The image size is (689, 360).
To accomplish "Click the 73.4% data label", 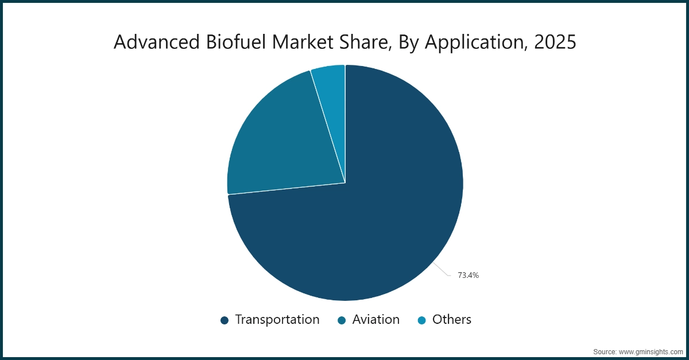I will point(468,276).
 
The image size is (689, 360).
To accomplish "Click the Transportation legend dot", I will point(224,320).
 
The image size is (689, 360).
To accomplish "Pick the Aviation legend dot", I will point(342,320).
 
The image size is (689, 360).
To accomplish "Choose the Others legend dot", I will point(421,320).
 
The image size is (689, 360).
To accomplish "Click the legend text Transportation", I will point(277,320).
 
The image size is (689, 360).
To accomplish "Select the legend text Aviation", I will point(376,320).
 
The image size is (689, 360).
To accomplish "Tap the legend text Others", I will point(452,320).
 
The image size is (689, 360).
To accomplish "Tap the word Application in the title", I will point(465,42).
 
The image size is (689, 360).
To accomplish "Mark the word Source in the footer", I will point(605,351).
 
